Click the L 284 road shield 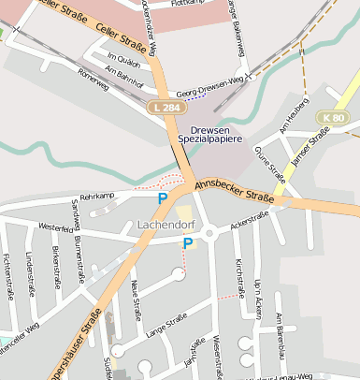pos(165,108)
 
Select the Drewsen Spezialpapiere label pos(216,134)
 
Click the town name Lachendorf pos(165,226)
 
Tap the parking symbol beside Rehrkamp pos(163,198)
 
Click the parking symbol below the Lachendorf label pos(188,243)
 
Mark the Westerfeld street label pos(56,227)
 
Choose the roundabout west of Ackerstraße pos(210,232)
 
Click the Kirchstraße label pos(240,272)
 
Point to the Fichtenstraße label pos(7,274)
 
